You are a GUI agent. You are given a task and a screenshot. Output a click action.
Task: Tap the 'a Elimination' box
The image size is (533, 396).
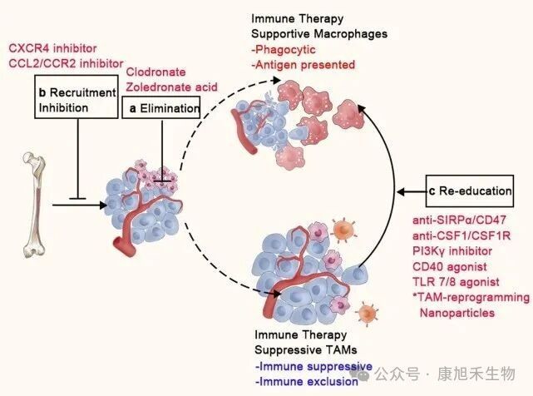point(161,107)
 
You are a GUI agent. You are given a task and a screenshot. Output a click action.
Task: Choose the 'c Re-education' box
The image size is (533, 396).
point(473,191)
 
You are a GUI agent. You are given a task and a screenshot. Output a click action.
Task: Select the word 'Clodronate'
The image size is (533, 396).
point(155,72)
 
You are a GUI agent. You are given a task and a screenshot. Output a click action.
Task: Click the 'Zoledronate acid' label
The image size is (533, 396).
point(170,87)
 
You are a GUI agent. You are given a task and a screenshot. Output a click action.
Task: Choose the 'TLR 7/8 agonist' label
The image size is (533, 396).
point(457,281)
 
